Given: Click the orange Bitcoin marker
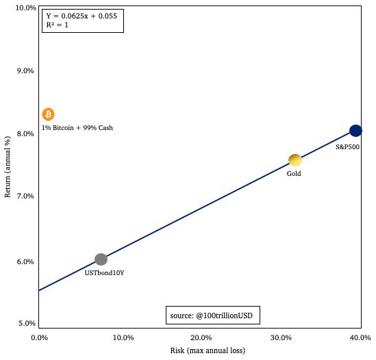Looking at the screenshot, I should [x=48, y=114].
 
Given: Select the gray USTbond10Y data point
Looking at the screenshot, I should [x=101, y=259].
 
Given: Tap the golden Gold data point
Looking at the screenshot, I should [x=294, y=160].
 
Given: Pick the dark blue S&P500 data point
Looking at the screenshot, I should [x=355, y=131].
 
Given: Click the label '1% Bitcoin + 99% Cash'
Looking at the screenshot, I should [x=77, y=128].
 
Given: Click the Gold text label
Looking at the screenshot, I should [x=294, y=174].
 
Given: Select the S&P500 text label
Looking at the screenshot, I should [x=348, y=146].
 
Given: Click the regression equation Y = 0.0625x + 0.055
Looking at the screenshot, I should [x=82, y=15].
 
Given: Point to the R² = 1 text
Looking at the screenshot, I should [x=57, y=25].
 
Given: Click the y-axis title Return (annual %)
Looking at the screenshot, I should [x=8, y=167].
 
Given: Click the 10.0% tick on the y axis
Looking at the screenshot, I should [x=25, y=8].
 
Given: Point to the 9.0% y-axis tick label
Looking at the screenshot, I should [x=26, y=70].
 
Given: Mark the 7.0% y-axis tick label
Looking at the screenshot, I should [x=26, y=196].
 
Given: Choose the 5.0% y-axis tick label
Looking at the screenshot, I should [x=26, y=323].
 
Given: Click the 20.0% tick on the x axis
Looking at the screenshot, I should [x=200, y=338].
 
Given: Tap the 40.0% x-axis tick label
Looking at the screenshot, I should [x=360, y=338].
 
